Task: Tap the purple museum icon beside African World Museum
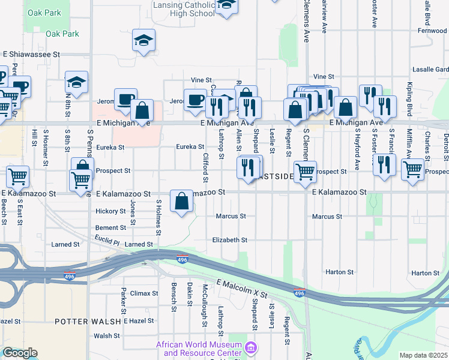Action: (x=252, y=347)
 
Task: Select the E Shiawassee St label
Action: (x=31, y=54)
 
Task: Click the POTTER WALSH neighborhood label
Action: (x=88, y=322)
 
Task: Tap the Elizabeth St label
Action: (x=229, y=240)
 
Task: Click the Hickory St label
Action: (x=110, y=211)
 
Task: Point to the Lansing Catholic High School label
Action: (x=183, y=8)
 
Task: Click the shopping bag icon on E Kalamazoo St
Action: (x=182, y=202)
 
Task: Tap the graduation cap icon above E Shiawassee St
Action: (x=143, y=41)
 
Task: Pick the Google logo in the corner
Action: (x=19, y=353)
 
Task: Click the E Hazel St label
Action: (x=139, y=322)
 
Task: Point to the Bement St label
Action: (x=110, y=228)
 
